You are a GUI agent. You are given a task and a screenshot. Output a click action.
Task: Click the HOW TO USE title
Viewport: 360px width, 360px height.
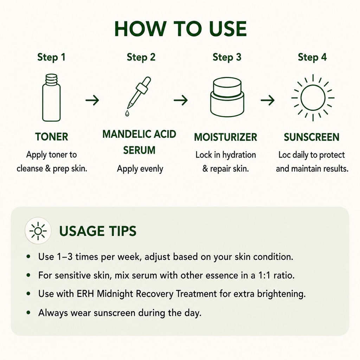tap(180, 29)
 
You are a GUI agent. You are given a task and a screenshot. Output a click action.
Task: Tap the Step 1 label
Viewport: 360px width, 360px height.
tap(51, 57)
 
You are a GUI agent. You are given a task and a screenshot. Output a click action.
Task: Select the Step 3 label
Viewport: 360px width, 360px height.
tap(227, 57)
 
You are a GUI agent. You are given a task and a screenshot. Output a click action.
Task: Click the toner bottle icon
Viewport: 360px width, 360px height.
tap(51, 98)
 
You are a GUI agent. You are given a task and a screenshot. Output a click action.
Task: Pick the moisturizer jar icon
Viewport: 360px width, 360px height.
tap(227, 97)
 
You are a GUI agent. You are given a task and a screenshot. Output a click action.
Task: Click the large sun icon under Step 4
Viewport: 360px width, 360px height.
tap(313, 98)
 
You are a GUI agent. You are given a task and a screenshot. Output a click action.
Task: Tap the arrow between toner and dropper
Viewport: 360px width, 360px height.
tap(92, 100)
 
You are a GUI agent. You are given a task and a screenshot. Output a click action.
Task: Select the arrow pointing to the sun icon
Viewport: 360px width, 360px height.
tap(268, 100)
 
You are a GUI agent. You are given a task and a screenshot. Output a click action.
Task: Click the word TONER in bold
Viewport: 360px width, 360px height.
tap(52, 137)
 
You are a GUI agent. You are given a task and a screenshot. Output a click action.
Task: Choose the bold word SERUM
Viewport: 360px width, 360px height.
tap(139, 150)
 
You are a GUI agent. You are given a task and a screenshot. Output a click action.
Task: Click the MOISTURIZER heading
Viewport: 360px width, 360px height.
tap(225, 137)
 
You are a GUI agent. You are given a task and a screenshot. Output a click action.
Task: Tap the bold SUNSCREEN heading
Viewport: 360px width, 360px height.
tap(311, 137)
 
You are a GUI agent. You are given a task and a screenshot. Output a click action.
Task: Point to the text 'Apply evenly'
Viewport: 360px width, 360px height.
tap(140, 169)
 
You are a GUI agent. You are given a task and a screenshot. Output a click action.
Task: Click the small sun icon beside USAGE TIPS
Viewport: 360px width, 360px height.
tap(38, 231)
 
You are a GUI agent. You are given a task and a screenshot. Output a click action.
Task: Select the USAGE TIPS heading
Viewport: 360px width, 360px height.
tap(98, 231)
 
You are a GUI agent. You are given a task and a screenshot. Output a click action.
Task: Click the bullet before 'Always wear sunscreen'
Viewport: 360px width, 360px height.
tap(28, 313)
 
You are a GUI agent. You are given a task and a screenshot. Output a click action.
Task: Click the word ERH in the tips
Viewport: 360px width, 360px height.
tap(85, 294)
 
